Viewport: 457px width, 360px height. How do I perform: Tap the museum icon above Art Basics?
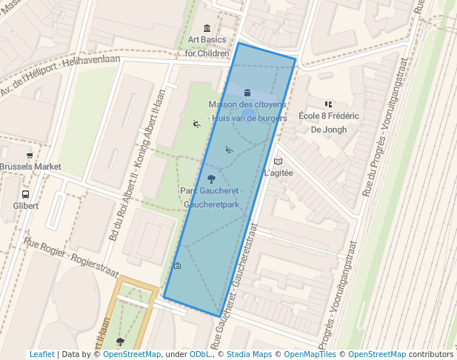click(x=207, y=28)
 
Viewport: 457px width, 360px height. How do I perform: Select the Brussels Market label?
click(x=30, y=167)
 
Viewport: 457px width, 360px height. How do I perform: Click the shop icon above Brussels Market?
click(x=30, y=155)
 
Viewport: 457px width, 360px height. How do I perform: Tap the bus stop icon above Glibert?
click(x=24, y=193)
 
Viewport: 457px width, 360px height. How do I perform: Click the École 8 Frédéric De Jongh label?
click(x=328, y=122)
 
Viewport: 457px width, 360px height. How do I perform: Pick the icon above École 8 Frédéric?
click(x=328, y=104)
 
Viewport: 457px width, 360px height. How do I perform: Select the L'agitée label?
click(x=278, y=173)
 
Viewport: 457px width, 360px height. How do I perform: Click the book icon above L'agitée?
click(x=278, y=161)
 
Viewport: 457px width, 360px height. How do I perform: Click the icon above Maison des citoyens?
click(x=247, y=93)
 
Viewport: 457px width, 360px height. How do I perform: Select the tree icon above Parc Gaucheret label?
click(x=212, y=179)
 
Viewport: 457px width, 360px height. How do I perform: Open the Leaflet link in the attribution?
click(x=41, y=354)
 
